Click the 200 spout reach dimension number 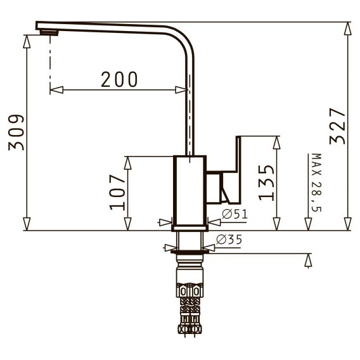[119, 79]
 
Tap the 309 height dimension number [16, 132]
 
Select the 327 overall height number [337, 126]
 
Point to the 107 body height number [117, 193]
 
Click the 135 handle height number [266, 183]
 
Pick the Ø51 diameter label [235, 214]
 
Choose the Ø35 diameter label [229, 240]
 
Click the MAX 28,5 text [316, 183]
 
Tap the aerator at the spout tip [49, 32]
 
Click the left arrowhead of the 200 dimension [56, 90]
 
